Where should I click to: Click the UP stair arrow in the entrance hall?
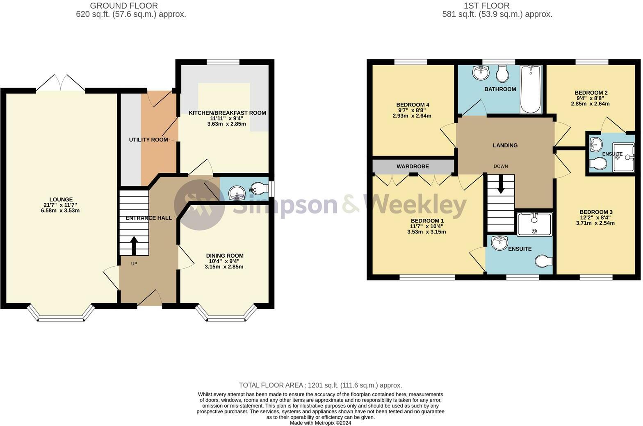coord(134,246)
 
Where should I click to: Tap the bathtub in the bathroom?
coord(531,89)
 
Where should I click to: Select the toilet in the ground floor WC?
coord(260,188)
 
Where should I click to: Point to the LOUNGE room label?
coord(61,199)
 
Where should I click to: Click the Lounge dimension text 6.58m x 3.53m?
coord(60,211)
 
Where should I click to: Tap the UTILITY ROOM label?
coord(148,140)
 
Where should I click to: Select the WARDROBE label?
coord(413,166)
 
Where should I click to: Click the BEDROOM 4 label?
coord(413,104)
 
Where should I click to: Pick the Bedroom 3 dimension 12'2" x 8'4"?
coord(595,218)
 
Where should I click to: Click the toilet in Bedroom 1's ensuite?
coord(544,261)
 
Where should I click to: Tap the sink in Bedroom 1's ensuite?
coord(499,243)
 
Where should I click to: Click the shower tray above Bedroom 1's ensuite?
coord(534,224)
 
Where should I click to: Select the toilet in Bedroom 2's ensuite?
coord(598,164)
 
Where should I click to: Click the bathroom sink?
coord(481,73)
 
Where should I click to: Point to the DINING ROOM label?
coord(225,256)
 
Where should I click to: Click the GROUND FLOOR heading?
coord(124,5)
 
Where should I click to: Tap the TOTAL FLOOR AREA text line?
coord(320,385)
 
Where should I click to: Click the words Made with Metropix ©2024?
coord(320,423)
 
